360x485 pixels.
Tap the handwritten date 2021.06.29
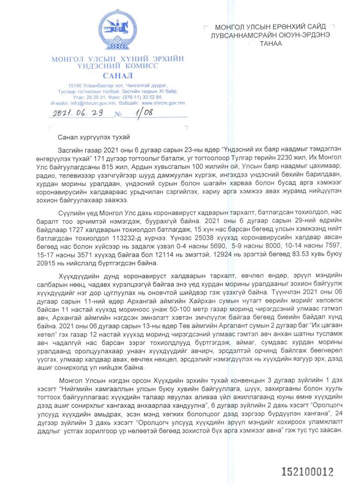click(76, 113)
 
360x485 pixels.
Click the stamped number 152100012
click(306, 472)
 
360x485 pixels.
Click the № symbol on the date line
click(119, 114)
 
